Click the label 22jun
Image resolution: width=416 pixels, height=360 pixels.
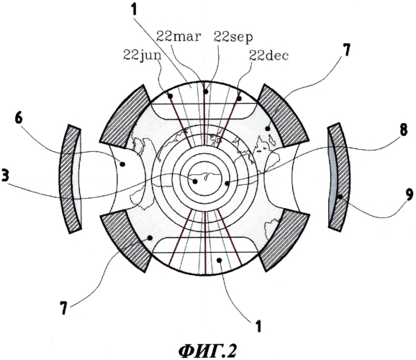click(143, 55)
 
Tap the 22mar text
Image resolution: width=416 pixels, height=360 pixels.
click(178, 37)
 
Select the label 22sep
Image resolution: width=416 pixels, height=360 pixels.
click(233, 38)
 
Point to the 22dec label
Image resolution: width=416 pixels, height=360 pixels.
click(268, 55)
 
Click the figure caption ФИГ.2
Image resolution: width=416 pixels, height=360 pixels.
click(207, 351)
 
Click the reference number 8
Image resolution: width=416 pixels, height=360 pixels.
click(403, 131)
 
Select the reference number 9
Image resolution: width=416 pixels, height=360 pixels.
click(409, 195)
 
